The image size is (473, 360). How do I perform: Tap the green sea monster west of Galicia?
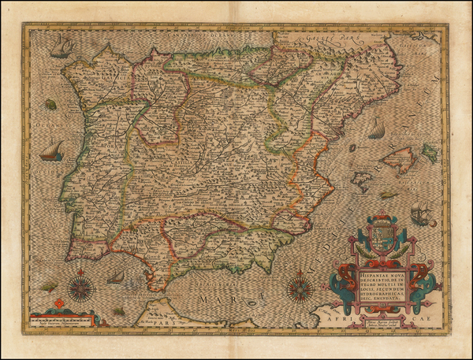pyautogui.click(x=51, y=104)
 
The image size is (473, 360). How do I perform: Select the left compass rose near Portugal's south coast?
pyautogui.click(x=81, y=288)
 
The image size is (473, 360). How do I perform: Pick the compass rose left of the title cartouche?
pyautogui.click(x=300, y=288)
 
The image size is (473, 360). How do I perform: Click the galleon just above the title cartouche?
pyautogui.click(x=420, y=213)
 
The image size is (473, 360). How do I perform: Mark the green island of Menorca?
pyautogui.click(x=430, y=153)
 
